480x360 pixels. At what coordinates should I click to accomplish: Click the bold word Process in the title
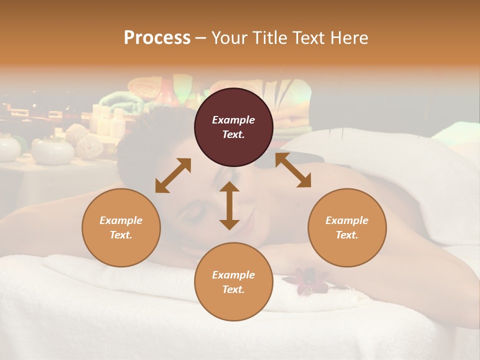(157, 38)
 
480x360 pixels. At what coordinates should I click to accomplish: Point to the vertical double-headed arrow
(229, 205)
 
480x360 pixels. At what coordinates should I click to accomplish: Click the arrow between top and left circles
(173, 175)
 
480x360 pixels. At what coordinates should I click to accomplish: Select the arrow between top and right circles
(293, 170)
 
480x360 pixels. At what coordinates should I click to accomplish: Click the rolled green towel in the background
(120, 99)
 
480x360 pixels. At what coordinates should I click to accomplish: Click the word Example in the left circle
(121, 220)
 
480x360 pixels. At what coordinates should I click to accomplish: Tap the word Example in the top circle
(233, 120)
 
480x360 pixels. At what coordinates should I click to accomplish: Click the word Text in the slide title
(307, 38)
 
